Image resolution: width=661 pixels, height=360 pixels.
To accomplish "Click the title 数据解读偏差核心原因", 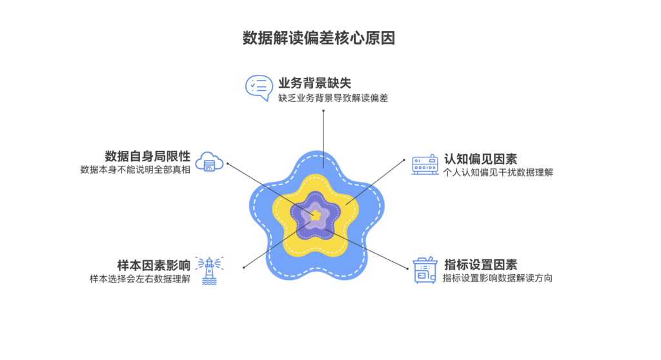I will click(318, 38).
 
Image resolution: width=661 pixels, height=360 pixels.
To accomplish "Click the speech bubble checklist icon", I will click(259, 88).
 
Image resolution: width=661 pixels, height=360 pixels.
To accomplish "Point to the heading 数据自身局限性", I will click(147, 156).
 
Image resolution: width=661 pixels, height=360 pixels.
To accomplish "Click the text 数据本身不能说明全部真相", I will click(135, 171).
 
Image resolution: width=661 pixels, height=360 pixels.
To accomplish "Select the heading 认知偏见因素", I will click(480, 159).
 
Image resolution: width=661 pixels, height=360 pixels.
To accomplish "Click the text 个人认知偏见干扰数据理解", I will click(498, 173).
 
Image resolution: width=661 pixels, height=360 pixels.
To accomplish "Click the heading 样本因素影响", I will click(154, 265).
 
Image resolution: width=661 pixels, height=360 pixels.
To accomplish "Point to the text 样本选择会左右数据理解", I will click(140, 279).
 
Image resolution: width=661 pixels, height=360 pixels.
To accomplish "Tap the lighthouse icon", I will click(209, 270).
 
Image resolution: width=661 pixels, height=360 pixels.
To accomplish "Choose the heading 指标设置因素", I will click(480, 265).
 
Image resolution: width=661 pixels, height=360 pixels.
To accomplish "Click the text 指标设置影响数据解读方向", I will click(498, 279).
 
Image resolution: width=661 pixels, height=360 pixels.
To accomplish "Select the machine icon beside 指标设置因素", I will click(425, 270).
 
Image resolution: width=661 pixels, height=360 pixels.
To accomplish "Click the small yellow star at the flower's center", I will click(316, 215).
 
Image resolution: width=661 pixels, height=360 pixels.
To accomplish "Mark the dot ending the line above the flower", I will click(322, 111).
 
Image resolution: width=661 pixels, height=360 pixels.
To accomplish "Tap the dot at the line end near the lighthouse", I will click(243, 267).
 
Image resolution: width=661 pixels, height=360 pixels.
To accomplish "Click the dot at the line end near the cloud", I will click(227, 163).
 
